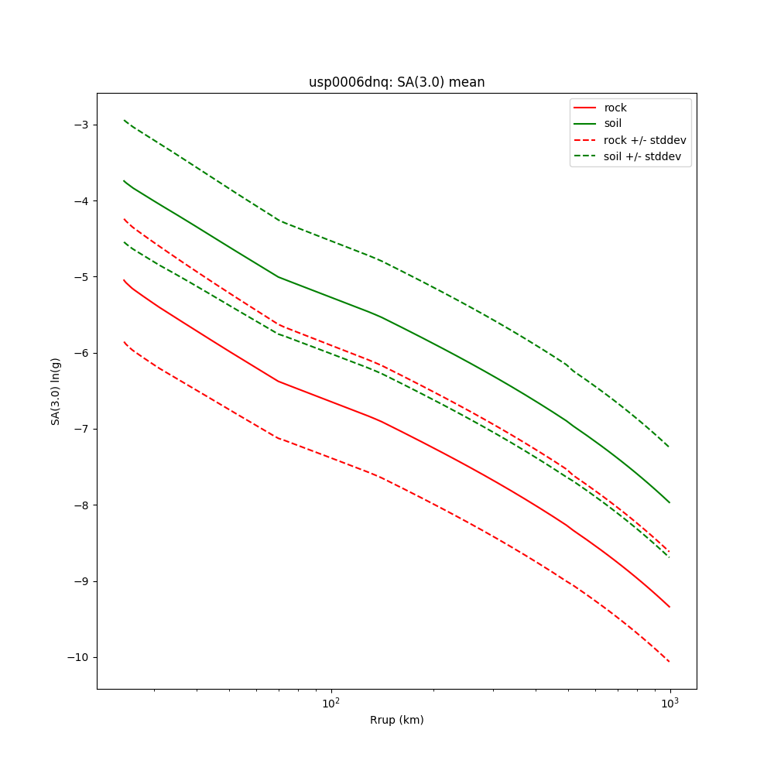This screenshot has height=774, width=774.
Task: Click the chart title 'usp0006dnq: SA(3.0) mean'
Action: pyautogui.click(x=396, y=82)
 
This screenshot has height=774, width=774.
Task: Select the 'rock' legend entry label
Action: pyautogui.click(x=615, y=108)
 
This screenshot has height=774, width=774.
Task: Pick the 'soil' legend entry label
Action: pyautogui.click(x=613, y=124)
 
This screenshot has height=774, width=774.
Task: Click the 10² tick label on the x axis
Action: pyautogui.click(x=331, y=701)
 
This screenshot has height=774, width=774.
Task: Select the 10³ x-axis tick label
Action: pyautogui.click(x=670, y=701)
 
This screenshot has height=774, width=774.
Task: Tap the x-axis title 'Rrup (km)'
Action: pyautogui.click(x=396, y=720)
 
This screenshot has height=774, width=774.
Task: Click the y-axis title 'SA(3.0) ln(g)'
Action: pyautogui.click(x=56, y=391)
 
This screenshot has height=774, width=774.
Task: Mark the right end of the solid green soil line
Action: pyautogui.click(x=670, y=502)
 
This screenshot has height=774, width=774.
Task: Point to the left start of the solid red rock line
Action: pyautogui.click(x=124, y=280)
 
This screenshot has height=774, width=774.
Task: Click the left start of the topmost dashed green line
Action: pyautogui.click(x=124, y=120)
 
